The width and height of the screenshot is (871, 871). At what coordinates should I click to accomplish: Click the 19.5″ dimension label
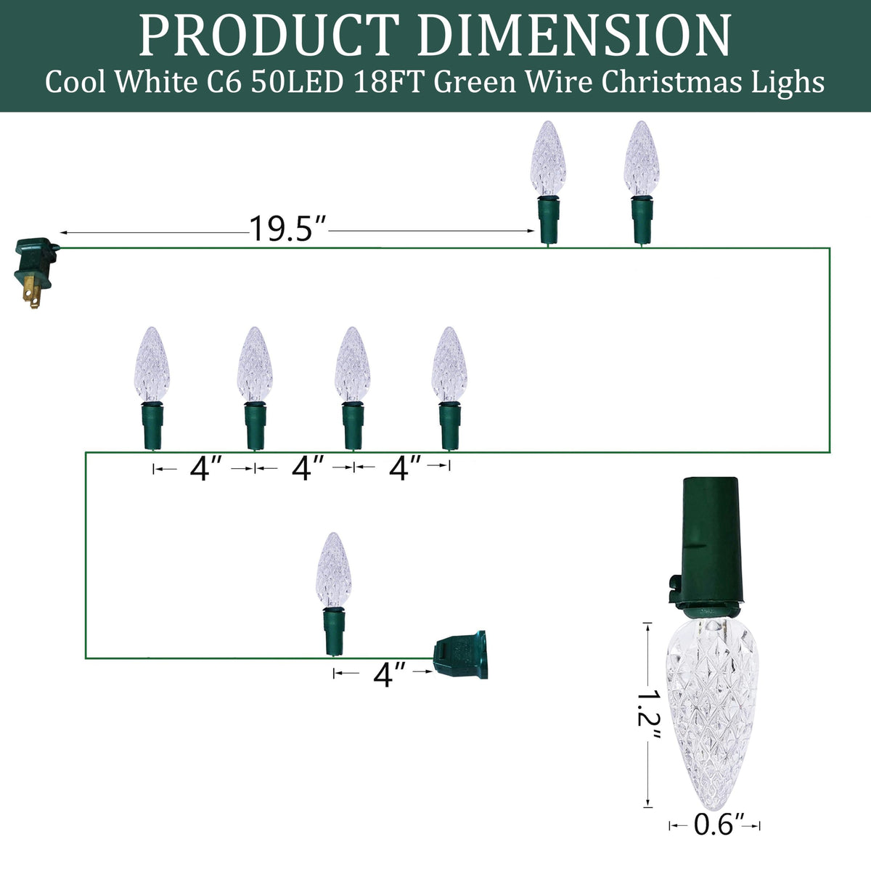click(288, 228)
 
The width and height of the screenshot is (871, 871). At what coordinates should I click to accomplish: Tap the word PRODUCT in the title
click(269, 36)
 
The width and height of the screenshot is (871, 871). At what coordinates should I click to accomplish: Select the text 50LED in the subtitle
click(297, 82)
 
